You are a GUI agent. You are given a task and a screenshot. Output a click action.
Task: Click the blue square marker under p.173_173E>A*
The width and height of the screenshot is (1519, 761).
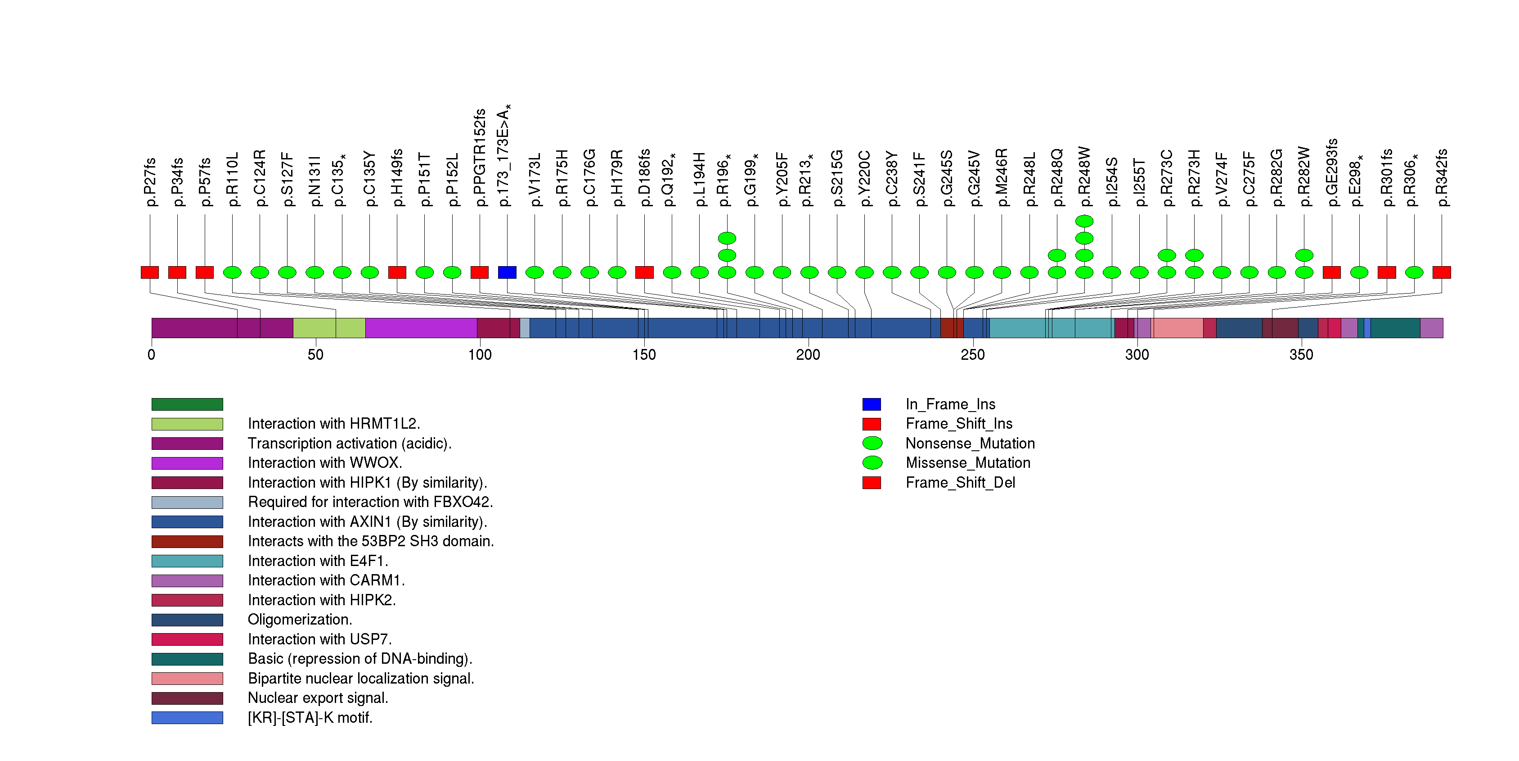pyautogui.click(x=507, y=272)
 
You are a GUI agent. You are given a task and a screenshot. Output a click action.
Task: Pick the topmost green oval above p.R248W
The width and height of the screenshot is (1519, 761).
pyautogui.click(x=1084, y=221)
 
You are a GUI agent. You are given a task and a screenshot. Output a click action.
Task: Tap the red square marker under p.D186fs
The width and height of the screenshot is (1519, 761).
pyautogui.click(x=644, y=272)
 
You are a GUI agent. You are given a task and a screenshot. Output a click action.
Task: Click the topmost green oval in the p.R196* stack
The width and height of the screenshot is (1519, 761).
pyautogui.click(x=727, y=238)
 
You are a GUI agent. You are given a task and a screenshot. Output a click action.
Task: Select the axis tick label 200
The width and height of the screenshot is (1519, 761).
pyautogui.click(x=808, y=354)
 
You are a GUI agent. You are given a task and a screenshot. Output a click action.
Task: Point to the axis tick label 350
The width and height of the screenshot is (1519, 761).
pyautogui.click(x=1301, y=354)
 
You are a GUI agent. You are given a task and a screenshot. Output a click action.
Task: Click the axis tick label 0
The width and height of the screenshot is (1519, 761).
pyautogui.click(x=152, y=354)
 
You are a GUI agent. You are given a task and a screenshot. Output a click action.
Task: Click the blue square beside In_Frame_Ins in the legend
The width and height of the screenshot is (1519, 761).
pyautogui.click(x=872, y=404)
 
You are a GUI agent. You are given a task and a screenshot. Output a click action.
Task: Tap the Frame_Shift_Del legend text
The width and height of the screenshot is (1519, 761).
pyautogui.click(x=960, y=483)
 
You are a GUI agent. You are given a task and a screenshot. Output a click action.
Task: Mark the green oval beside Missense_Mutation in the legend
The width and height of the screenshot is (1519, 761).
pyautogui.click(x=872, y=462)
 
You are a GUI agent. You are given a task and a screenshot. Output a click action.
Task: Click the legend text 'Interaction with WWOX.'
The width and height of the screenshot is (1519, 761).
pyautogui.click(x=325, y=462)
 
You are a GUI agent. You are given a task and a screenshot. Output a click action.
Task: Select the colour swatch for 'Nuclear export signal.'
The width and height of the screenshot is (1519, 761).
pyautogui.click(x=187, y=698)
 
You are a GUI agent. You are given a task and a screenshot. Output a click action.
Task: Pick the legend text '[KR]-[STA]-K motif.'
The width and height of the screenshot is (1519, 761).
pyautogui.click(x=310, y=717)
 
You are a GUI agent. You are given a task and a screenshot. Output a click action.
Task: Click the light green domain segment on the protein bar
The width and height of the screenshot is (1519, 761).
pyautogui.click(x=329, y=328)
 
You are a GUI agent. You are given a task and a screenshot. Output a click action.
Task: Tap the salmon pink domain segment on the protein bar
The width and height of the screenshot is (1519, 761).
pyautogui.click(x=1177, y=328)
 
